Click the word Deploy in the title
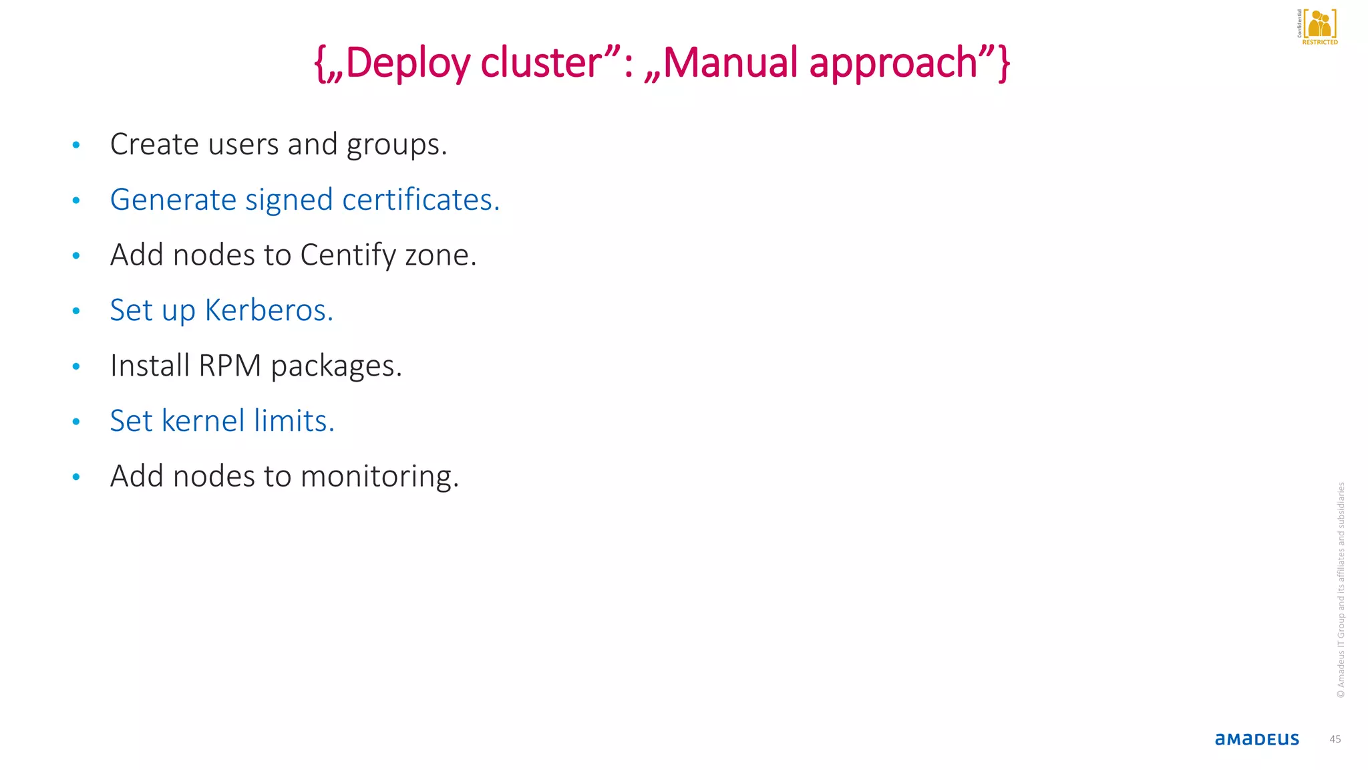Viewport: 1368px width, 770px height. tap(407, 63)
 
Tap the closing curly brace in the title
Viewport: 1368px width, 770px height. tap(1003, 63)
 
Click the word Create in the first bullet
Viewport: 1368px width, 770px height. tap(154, 144)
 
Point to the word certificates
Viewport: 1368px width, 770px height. tap(421, 200)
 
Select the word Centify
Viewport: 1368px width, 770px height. tap(348, 255)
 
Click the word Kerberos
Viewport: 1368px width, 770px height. tap(269, 310)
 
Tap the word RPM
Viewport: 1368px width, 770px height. tap(230, 366)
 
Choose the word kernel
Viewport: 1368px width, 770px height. tap(203, 421)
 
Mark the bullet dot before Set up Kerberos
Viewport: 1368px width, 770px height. tap(76, 311)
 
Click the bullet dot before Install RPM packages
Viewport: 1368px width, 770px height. tap(76, 366)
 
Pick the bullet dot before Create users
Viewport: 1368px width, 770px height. tap(76, 144)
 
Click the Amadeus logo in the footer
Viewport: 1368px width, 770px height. tap(1256, 739)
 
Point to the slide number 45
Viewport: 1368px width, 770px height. tap(1335, 739)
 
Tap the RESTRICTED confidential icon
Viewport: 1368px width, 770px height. tap(1318, 27)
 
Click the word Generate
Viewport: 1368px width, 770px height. tap(173, 200)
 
